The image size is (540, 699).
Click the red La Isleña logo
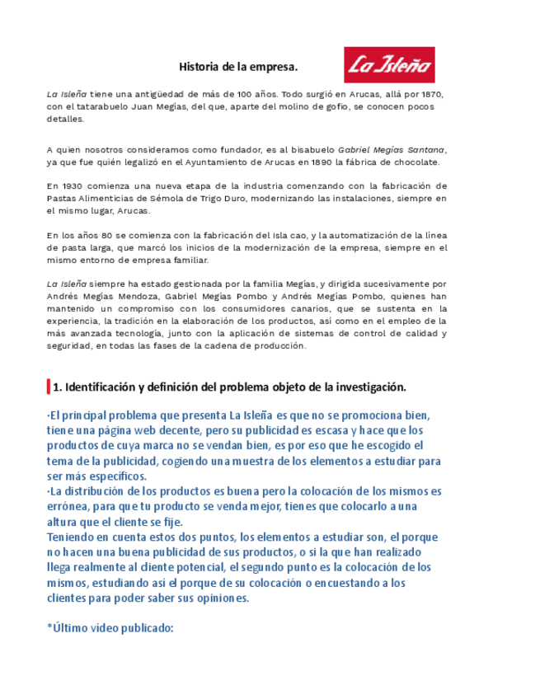point(388,65)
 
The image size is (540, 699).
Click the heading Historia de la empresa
point(238,66)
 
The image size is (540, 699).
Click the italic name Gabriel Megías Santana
point(392,150)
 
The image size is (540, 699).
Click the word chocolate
point(416,162)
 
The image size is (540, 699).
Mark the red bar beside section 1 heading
point(49,386)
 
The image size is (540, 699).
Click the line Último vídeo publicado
point(110,628)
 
